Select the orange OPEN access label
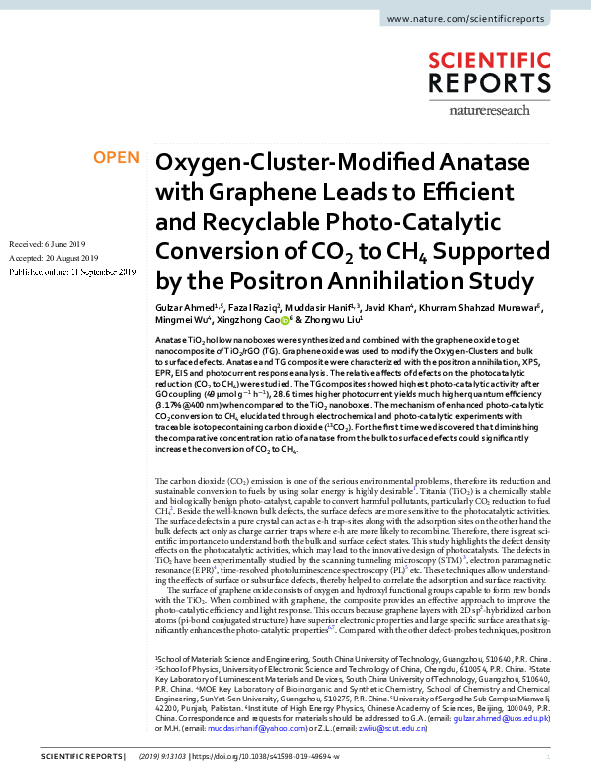tap(116, 158)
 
